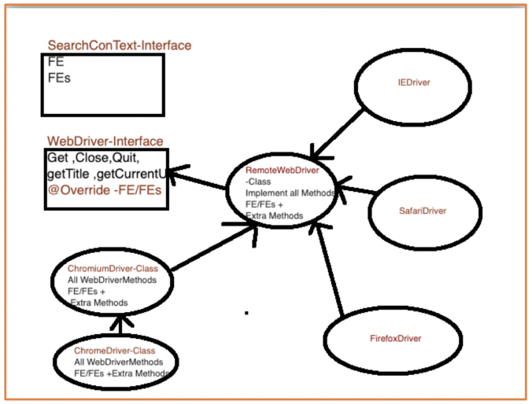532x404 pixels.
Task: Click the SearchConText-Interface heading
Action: pos(119,46)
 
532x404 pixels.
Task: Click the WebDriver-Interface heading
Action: pos(105,141)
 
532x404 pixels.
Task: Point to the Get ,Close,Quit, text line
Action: pos(94,157)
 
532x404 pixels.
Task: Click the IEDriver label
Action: pos(414,81)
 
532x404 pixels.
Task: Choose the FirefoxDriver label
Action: pos(395,338)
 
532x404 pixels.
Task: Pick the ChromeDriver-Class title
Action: pos(114,350)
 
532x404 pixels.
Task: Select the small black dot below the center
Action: pos(246,313)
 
